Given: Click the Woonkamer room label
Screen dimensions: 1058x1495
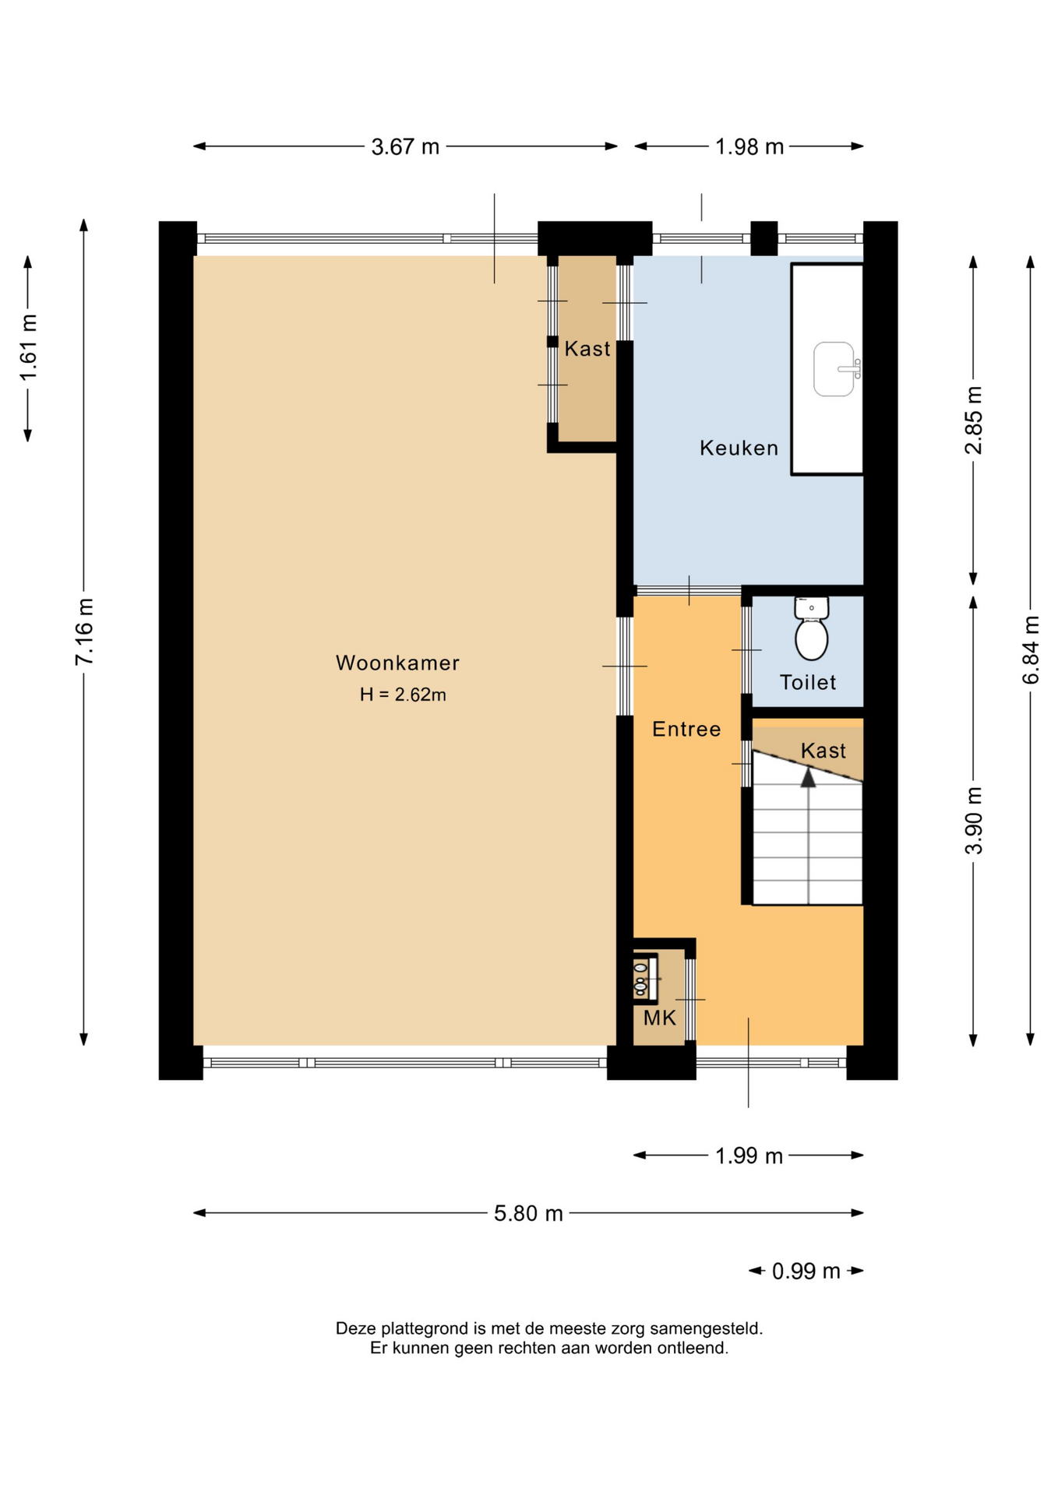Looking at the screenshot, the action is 397,663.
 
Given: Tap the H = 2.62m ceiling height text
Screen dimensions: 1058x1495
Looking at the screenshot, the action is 403,695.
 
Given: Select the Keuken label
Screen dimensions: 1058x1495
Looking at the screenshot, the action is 739,448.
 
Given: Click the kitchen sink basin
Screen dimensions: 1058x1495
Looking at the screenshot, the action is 834,368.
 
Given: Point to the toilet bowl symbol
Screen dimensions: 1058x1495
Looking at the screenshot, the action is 811,628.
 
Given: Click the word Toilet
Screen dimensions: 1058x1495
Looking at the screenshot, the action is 808,682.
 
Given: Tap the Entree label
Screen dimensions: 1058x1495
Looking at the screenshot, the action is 686,729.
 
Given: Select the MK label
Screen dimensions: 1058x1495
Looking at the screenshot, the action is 659,1018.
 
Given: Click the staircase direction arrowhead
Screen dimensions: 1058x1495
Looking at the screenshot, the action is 809,776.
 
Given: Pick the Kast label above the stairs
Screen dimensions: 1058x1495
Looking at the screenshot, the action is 823,751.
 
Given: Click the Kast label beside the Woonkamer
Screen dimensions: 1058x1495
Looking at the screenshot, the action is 587,349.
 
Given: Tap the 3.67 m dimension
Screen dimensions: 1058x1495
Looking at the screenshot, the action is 405,146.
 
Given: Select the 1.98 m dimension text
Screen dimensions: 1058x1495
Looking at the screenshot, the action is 749,146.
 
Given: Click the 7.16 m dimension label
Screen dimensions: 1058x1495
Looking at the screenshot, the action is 84,631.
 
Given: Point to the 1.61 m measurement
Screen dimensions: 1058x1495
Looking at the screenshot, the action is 28,348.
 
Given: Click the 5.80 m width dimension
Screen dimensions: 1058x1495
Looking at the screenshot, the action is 528,1213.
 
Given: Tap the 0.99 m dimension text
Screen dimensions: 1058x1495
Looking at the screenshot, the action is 806,1272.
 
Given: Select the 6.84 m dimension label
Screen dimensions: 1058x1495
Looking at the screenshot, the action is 1031,649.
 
